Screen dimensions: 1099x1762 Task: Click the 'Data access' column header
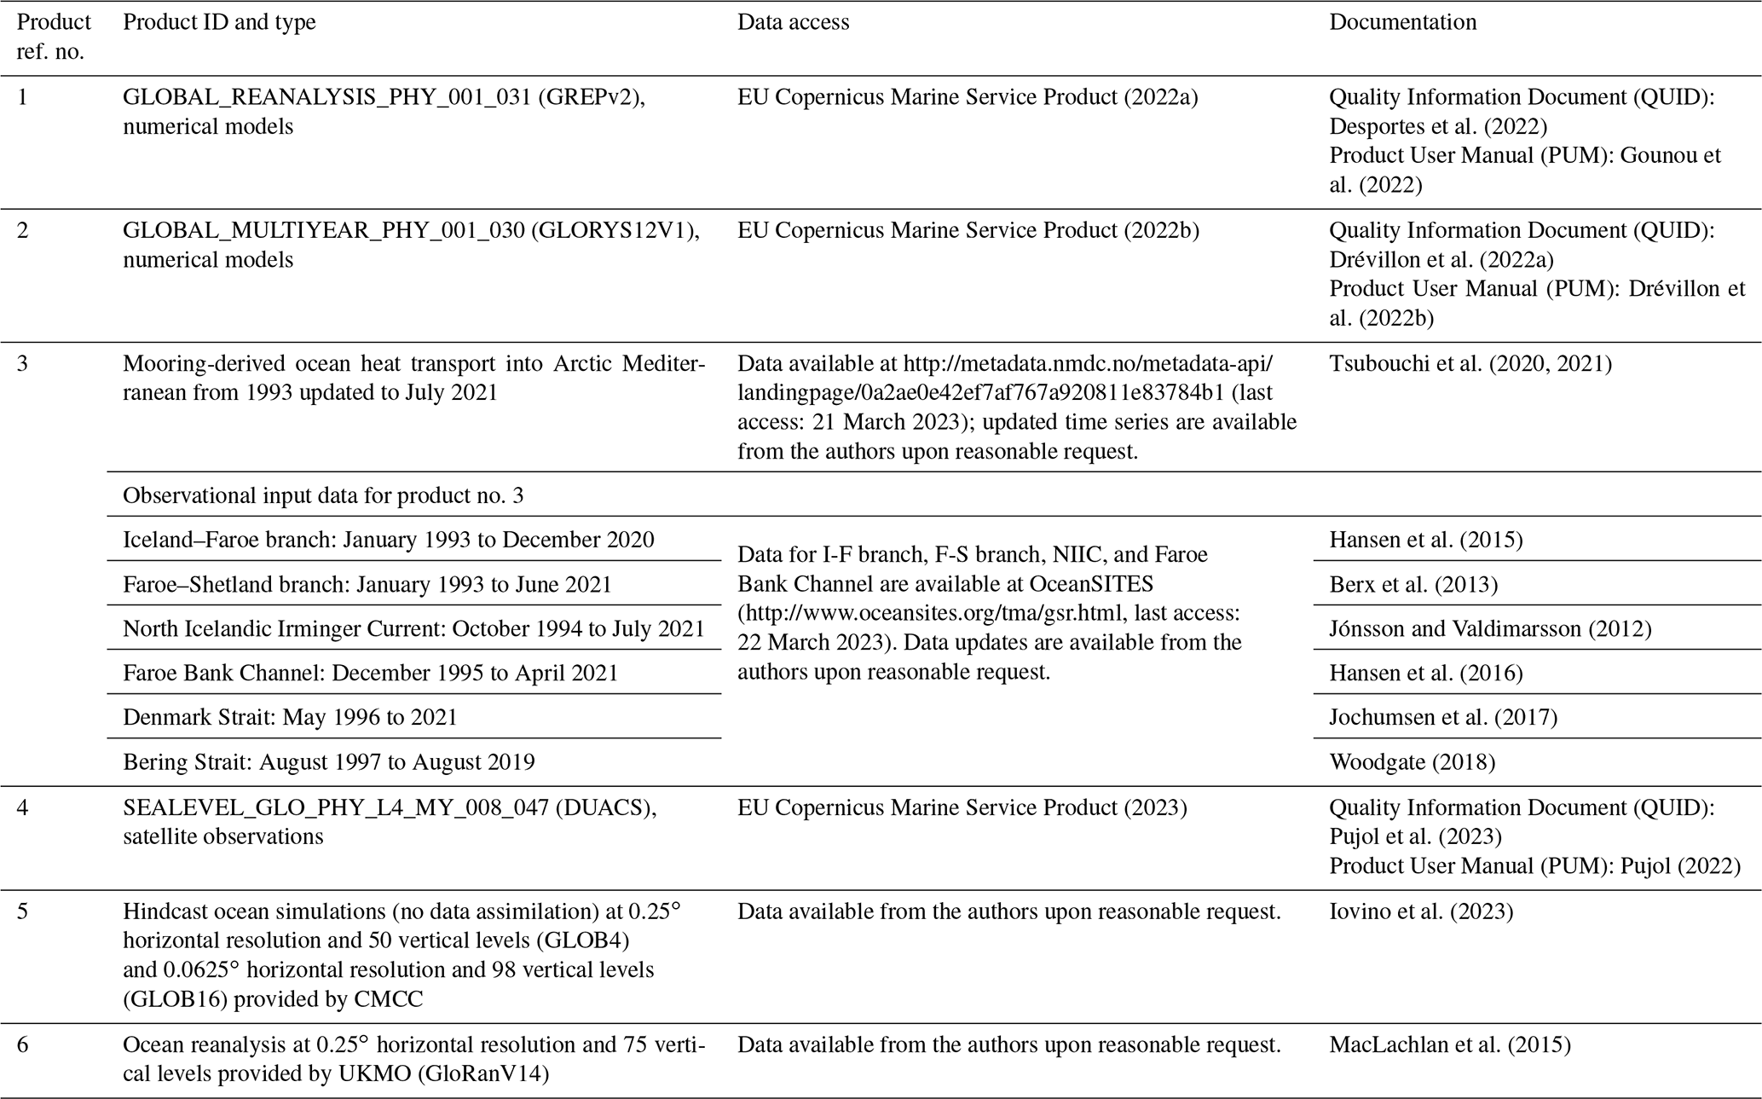click(x=793, y=23)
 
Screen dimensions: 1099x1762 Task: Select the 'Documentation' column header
click(x=1402, y=23)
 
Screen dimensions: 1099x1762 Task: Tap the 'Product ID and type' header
click(x=219, y=23)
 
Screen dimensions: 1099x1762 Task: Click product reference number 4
click(x=23, y=807)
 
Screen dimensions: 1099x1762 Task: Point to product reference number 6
click(x=23, y=1044)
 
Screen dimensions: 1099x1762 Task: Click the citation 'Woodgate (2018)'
click(x=1412, y=761)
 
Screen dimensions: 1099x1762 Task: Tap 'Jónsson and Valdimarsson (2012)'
click(x=1490, y=628)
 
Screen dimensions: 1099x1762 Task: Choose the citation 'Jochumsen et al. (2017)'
click(x=1443, y=717)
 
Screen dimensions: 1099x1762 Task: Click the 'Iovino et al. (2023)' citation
click(x=1421, y=911)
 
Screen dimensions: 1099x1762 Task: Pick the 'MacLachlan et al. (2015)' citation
click(x=1449, y=1044)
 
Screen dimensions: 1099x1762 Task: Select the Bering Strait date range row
click(x=328, y=761)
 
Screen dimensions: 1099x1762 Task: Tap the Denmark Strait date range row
click(x=290, y=717)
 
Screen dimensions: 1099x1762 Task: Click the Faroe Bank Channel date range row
click(x=370, y=673)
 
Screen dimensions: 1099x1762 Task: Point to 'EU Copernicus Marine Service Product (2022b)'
click(x=968, y=230)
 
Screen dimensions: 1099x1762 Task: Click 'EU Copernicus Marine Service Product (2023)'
click(x=962, y=807)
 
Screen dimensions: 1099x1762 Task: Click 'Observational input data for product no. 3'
click(x=323, y=495)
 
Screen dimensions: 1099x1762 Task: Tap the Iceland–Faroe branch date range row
click(x=388, y=540)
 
